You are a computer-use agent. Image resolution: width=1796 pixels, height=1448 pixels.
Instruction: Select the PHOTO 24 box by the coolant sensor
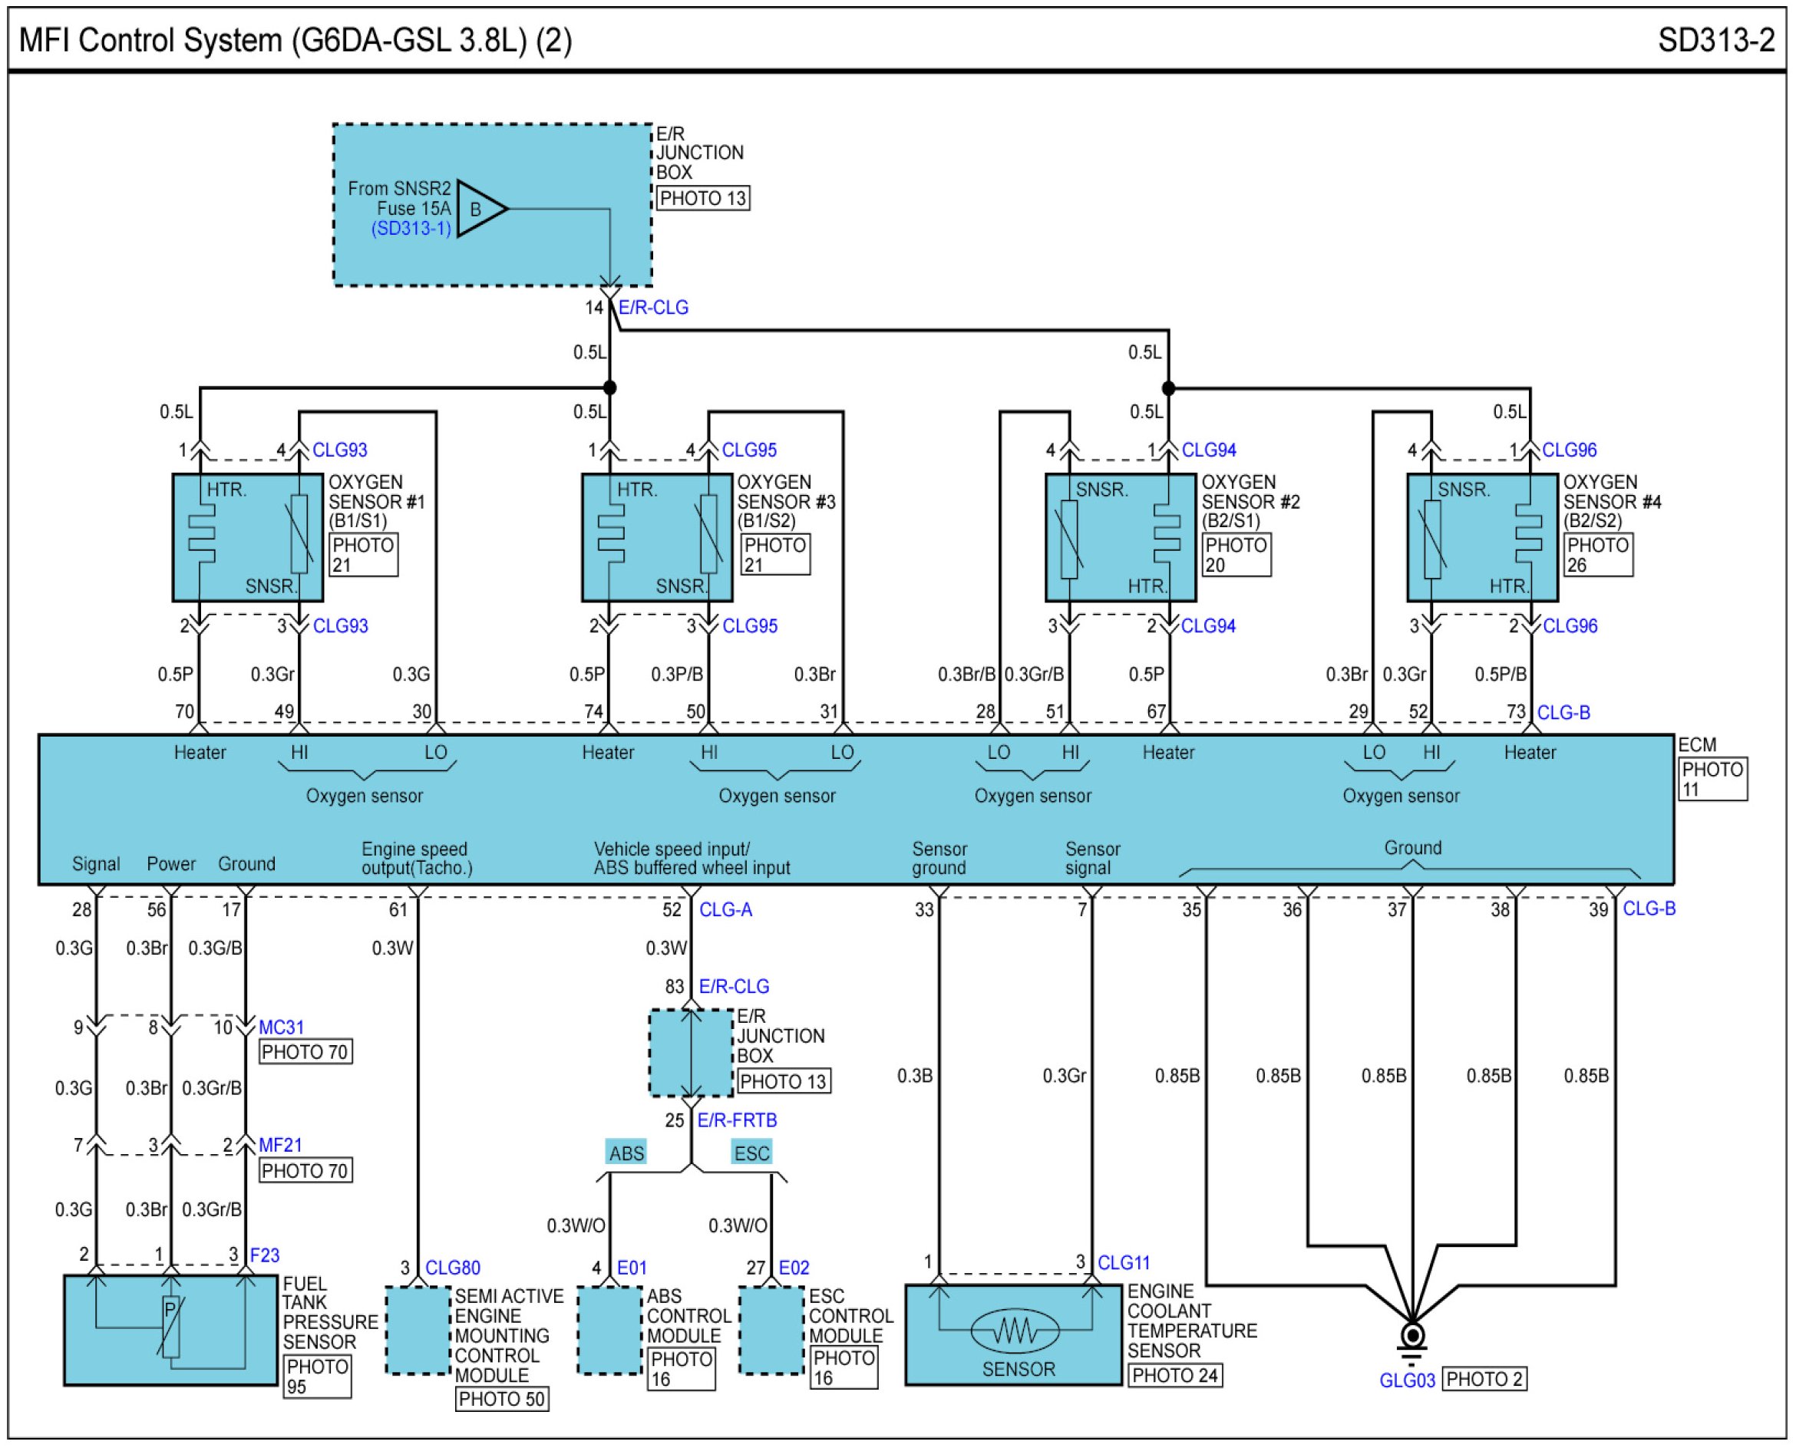1174,1374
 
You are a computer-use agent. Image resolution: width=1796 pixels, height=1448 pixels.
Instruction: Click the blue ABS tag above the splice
626,1153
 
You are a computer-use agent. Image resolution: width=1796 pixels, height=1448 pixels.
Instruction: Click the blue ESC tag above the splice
751,1153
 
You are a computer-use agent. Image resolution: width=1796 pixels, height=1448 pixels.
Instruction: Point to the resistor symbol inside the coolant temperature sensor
1015,1330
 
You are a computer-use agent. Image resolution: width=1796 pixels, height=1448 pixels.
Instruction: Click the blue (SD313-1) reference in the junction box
411,228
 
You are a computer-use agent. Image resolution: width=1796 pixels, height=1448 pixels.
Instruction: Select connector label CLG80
452,1268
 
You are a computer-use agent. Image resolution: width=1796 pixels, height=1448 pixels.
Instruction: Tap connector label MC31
281,1027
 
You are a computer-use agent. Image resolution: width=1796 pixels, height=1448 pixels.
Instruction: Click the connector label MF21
279,1145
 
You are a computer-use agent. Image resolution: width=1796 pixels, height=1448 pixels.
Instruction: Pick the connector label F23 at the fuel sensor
265,1255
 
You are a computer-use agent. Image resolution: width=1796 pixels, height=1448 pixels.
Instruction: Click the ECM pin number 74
593,711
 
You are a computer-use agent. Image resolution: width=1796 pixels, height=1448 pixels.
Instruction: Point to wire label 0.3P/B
676,674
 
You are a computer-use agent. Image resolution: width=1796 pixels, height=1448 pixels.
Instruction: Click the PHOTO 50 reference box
501,1399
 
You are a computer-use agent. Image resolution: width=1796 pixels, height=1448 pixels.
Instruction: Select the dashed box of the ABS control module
609,1331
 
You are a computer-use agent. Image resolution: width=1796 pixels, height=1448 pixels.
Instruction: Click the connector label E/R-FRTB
737,1120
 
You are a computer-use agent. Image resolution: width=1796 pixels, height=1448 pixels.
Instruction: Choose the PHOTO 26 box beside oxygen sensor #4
1598,555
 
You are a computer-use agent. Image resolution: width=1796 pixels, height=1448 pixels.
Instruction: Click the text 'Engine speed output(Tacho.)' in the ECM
416,859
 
